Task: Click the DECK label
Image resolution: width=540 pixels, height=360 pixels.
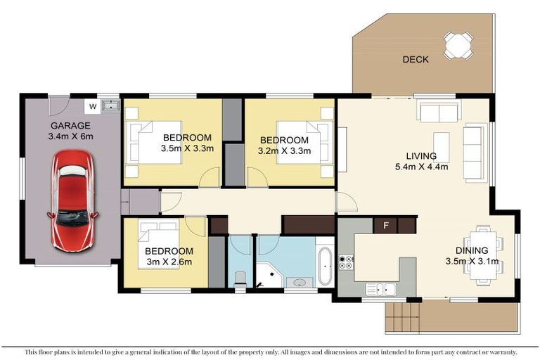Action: [x=416, y=60]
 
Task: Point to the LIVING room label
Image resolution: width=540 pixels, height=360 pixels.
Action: [x=421, y=156]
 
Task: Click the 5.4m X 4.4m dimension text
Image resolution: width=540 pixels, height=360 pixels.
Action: [x=421, y=167]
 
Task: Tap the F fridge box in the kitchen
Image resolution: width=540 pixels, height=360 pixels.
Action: [x=385, y=226]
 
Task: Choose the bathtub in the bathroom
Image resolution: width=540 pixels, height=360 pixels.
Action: [x=325, y=265]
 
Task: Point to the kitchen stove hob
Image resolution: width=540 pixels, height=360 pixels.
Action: [x=346, y=263]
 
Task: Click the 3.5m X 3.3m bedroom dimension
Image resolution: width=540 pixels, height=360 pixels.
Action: [x=187, y=148]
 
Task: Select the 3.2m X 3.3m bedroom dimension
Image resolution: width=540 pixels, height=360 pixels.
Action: [x=284, y=150]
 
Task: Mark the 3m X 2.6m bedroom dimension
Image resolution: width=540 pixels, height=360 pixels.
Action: [x=169, y=262]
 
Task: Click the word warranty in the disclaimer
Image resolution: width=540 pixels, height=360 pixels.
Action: [x=500, y=352]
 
